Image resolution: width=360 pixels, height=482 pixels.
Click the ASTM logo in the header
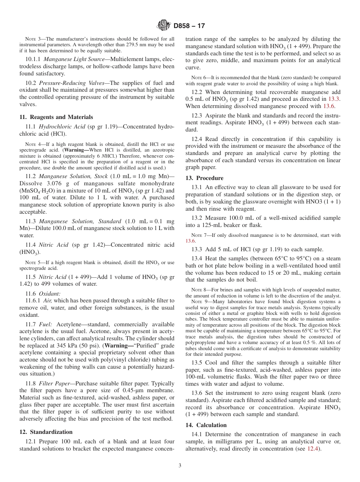(x=164, y=26)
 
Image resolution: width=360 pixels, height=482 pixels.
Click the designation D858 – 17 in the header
(x=189, y=26)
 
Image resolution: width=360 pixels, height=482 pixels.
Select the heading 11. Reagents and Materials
(x=56, y=117)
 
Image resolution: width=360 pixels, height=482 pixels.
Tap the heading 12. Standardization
(x=46, y=432)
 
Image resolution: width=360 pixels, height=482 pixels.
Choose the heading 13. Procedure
(x=204, y=178)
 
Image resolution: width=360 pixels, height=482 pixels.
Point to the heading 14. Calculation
(x=206, y=425)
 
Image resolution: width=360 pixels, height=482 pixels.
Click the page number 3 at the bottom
(x=180, y=466)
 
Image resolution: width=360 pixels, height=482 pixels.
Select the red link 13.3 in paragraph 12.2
(x=333, y=99)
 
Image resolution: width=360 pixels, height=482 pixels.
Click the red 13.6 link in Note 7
(x=190, y=241)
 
